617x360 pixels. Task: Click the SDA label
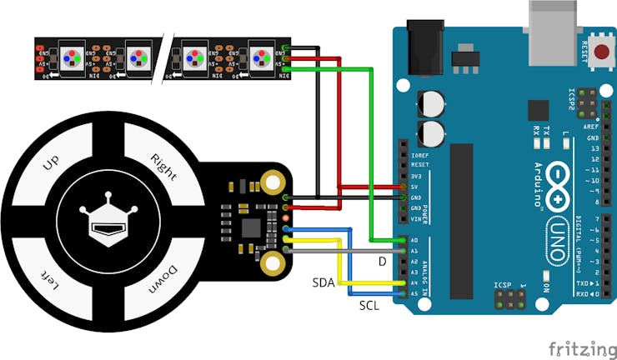click(x=324, y=283)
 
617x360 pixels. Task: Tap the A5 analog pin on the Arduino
click(x=404, y=294)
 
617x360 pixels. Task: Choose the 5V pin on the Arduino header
click(x=404, y=187)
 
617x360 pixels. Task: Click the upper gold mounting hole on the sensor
click(x=272, y=181)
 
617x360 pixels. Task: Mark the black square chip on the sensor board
click(x=250, y=227)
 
